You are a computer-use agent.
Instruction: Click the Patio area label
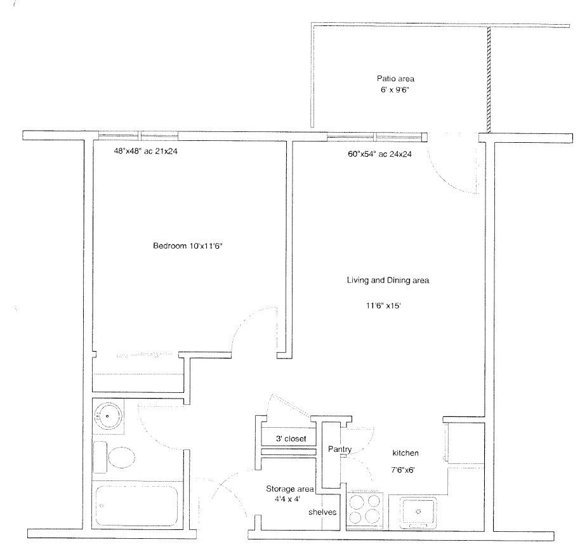pos(395,79)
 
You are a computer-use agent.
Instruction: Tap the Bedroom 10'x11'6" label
pos(188,246)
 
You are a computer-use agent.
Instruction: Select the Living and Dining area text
pos(388,281)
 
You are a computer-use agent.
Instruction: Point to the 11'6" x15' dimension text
pos(383,305)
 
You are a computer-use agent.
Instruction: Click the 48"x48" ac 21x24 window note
pos(146,151)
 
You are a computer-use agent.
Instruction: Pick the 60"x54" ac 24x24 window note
pos(380,154)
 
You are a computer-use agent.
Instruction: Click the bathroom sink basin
pos(108,416)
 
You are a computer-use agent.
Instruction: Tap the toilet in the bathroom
pos(114,457)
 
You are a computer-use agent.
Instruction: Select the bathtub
pos(137,506)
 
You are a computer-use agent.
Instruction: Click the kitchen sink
pos(419,512)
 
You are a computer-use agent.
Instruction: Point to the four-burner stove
pos(365,509)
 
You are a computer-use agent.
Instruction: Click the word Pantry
pos(339,449)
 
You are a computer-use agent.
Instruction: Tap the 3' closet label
pos(291,439)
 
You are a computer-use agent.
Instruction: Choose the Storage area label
pos(289,489)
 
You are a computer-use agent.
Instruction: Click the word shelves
pos(322,512)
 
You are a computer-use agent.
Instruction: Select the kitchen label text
pos(405,453)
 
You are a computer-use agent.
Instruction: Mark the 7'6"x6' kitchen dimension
pos(403,470)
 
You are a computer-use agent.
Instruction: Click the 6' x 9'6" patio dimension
pos(395,90)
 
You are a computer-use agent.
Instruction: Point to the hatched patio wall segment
pos(489,80)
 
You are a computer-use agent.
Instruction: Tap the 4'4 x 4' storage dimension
pos(287,499)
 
